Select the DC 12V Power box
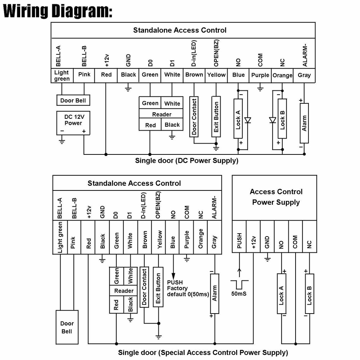click(73, 123)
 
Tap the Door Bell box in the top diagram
click(73, 100)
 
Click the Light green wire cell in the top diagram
click(62, 76)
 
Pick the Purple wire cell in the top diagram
click(260, 75)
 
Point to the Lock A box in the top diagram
click(238, 118)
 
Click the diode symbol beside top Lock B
click(273, 120)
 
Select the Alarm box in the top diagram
click(304, 123)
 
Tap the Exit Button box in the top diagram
click(216, 116)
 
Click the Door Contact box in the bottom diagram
click(144, 287)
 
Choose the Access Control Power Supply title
click(276, 197)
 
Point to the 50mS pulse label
click(239, 294)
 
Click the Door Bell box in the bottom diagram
click(67, 327)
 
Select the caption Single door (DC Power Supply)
click(186, 161)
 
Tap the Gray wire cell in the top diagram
click(304, 75)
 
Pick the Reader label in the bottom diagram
click(123, 291)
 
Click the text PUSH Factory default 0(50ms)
click(188, 288)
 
